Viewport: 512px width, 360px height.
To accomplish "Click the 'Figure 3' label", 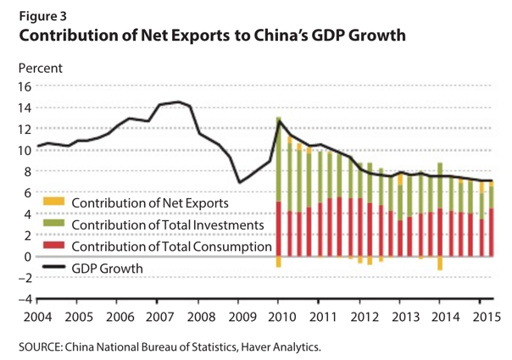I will [41, 14].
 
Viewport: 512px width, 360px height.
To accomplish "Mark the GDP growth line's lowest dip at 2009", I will [238, 182].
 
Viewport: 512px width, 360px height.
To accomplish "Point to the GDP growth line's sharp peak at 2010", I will [279, 120].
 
